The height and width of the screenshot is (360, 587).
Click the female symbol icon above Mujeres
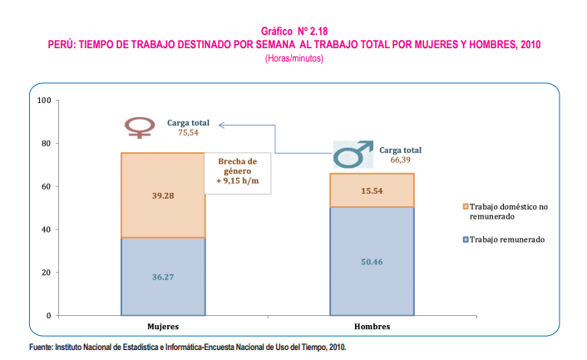coord(139,127)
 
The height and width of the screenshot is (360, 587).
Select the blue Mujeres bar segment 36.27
coord(163,276)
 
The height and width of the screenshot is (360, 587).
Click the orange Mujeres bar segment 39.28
coord(163,195)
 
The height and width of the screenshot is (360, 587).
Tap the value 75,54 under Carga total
coord(190,131)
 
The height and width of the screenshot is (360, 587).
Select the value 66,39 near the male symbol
coord(402,159)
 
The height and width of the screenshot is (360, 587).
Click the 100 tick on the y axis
coord(45,101)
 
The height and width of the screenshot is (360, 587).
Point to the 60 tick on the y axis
coord(47,186)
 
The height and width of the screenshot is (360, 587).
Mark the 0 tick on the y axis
coord(49,316)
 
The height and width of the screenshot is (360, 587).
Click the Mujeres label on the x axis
coord(163,328)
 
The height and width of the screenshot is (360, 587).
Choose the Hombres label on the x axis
coord(373,328)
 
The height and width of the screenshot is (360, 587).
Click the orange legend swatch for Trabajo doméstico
coord(463,205)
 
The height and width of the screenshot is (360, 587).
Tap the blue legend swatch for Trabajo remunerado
coord(463,239)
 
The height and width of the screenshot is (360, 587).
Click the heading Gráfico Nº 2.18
coord(293,30)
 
